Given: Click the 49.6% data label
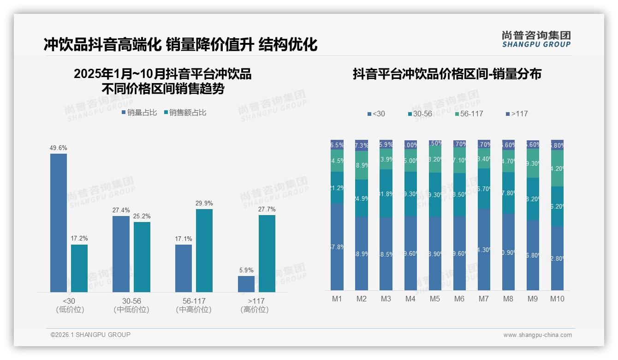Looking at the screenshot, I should (59, 148).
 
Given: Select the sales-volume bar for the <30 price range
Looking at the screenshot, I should (59, 223).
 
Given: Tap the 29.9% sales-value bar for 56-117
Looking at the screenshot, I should (204, 251).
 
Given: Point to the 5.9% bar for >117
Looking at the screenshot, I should (246, 284).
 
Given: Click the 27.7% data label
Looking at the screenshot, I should (267, 209).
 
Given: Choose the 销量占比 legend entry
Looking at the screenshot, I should (139, 113).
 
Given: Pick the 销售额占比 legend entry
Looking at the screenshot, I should (185, 113).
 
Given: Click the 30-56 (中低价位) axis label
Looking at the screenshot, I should (131, 305).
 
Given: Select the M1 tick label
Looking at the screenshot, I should (337, 299).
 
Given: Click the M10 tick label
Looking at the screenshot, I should (557, 299).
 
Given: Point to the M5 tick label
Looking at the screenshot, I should (435, 299).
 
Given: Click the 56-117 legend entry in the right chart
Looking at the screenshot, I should (469, 114).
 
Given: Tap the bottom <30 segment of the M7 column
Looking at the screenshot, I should (484, 249).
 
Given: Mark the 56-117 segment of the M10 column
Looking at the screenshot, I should (557, 168).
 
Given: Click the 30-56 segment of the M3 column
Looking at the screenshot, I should (386, 193).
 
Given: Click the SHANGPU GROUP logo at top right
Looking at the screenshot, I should (536, 39).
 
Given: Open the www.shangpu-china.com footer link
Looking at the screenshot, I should (537, 335).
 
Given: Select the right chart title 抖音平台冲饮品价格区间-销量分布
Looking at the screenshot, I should (447, 74).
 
